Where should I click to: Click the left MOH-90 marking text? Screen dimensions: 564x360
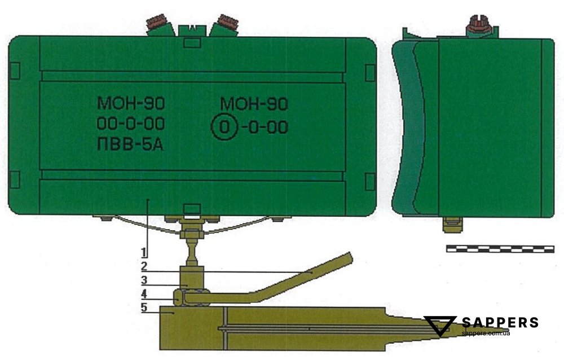coord(131,103)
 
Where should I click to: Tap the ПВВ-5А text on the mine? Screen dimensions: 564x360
coord(130,144)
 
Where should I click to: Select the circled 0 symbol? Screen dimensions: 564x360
coord(224,127)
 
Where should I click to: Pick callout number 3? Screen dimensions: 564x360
coord(144,280)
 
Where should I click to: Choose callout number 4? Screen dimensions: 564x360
coord(144,294)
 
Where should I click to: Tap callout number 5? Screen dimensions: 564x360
coord(144,308)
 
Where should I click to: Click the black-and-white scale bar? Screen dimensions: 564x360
coord(500,249)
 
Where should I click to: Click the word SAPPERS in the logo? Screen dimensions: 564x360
coord(500,322)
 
